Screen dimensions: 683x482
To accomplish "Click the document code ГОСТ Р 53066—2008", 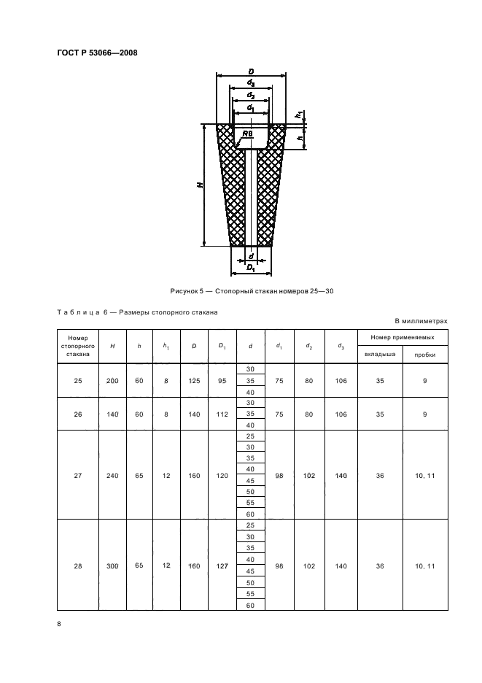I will point(98,53).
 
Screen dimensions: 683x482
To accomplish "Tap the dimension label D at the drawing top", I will point(250,70).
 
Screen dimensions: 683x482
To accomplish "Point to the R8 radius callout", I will point(248,134).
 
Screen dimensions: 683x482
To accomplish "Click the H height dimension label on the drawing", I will point(200,185).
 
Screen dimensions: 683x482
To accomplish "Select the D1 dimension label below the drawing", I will point(250,269).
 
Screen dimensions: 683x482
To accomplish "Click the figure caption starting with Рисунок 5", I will point(252,290).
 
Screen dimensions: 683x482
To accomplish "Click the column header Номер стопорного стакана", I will point(77,346).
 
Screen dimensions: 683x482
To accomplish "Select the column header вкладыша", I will point(379,354).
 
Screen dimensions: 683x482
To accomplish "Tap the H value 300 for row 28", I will point(112,564).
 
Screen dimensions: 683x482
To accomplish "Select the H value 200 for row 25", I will point(112,380).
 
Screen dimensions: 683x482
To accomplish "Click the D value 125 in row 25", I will point(193,380).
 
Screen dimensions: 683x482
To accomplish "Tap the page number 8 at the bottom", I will point(59,623).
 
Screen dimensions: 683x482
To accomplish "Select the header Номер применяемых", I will point(403,337).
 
